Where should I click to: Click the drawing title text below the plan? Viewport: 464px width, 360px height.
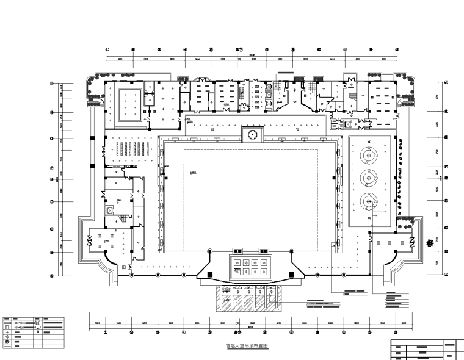pos(247,346)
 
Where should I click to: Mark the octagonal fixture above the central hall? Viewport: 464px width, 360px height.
pos(252,134)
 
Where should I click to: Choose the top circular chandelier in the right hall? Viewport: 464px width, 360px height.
pos(368,156)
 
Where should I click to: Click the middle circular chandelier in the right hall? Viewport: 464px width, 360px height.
pos(368,178)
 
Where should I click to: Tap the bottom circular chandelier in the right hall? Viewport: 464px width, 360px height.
pos(368,199)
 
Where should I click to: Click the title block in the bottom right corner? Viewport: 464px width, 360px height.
pos(426,349)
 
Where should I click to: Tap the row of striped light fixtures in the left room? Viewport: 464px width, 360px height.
pos(129,148)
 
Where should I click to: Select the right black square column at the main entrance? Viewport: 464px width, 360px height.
pos(264,251)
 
